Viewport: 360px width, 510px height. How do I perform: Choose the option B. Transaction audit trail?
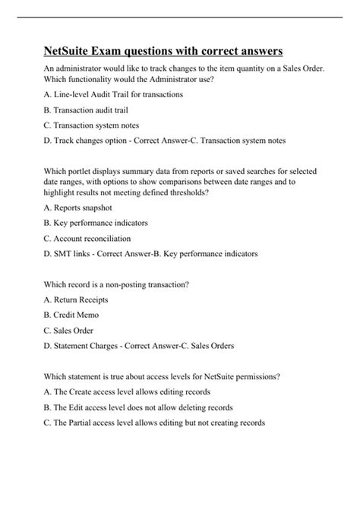[x=87, y=109]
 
